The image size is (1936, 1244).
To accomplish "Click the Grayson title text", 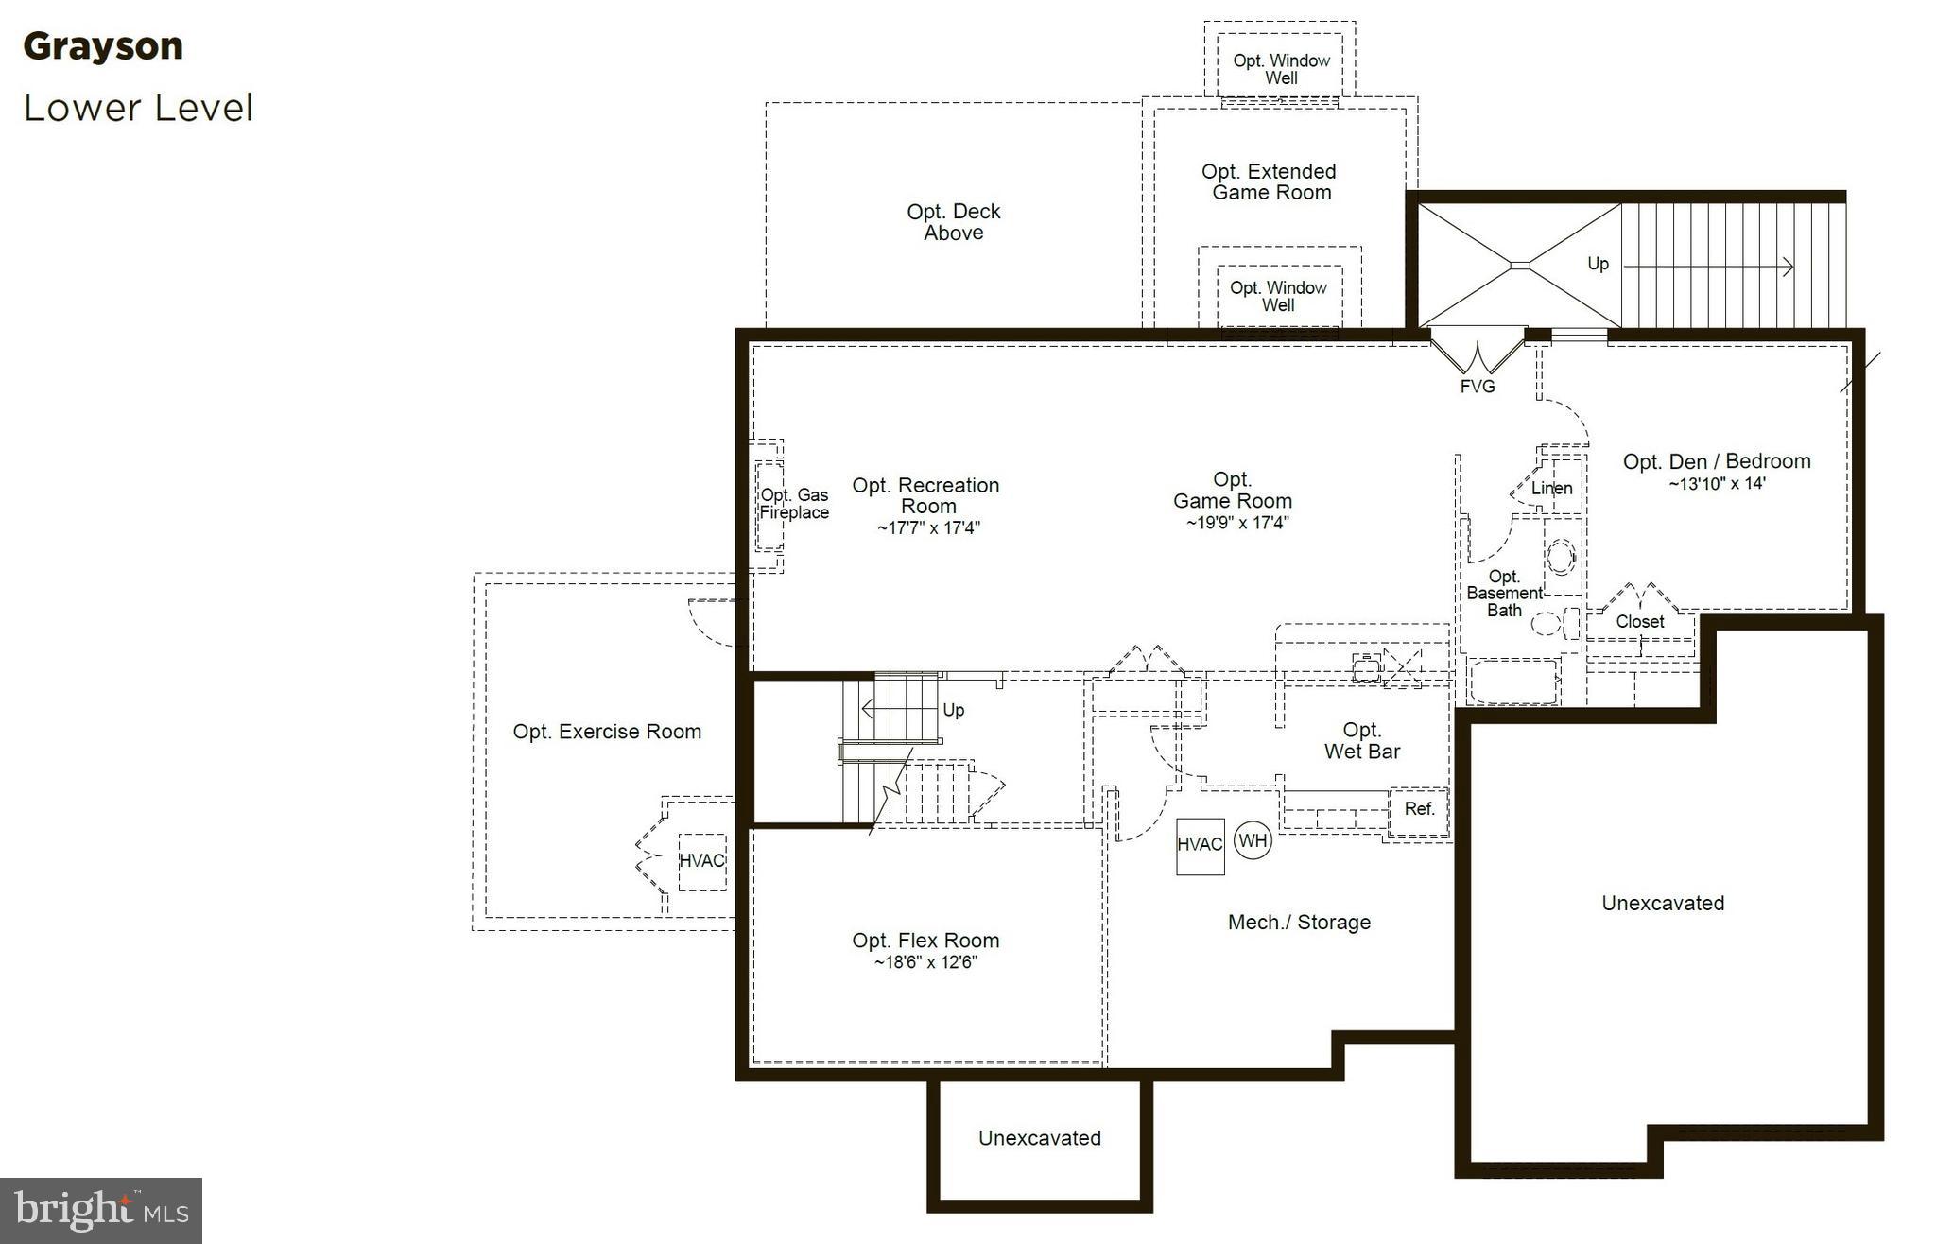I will click(103, 46).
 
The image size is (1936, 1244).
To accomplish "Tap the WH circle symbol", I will click(1253, 840).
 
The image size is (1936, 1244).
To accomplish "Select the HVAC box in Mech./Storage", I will click(1200, 845).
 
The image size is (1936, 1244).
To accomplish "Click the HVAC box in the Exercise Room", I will click(701, 861).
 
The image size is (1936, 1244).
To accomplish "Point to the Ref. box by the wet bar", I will click(1419, 809).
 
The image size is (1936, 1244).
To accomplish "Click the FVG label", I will click(1478, 387).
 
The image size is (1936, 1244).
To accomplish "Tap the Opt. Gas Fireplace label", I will click(794, 504).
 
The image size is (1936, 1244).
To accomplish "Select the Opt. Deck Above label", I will click(953, 222).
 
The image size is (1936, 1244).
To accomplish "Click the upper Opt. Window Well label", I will click(1281, 69).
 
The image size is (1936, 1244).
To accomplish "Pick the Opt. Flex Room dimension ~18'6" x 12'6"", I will click(925, 963).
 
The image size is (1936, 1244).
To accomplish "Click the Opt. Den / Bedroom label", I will click(1717, 461).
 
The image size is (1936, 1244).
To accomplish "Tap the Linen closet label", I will click(1551, 489).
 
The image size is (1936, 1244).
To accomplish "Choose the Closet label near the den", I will click(1639, 622).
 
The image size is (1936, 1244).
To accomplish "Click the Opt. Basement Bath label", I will click(1504, 594).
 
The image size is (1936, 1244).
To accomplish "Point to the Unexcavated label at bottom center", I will click(1039, 1138).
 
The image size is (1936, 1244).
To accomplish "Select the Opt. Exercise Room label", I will click(607, 732).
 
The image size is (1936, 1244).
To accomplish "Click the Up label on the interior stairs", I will click(953, 710).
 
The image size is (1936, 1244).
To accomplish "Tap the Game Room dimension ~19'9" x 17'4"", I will click(1237, 523).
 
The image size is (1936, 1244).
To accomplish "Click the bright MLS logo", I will click(101, 1210).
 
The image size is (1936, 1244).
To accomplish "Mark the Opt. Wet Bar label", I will click(1361, 741).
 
